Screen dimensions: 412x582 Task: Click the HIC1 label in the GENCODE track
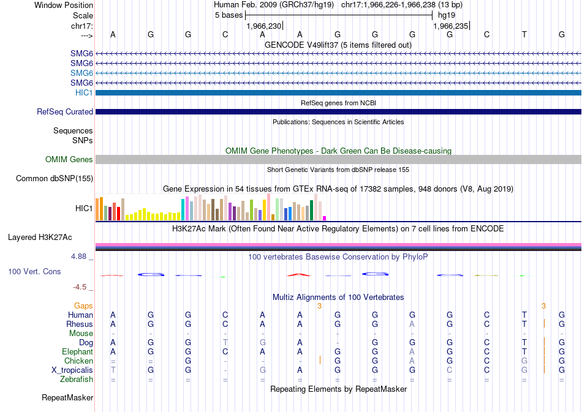(x=85, y=92)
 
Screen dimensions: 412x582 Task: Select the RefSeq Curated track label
(x=65, y=112)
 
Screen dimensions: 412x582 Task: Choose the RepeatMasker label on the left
(x=67, y=398)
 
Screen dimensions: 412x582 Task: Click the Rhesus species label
(x=80, y=324)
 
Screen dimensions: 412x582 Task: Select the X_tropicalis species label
(x=72, y=370)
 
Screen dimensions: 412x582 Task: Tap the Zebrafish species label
(x=77, y=380)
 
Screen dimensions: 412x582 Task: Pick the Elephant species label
(x=78, y=352)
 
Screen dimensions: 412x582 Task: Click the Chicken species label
(x=79, y=361)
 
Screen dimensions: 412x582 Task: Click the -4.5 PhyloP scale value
(x=83, y=287)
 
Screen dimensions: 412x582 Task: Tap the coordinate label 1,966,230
(x=263, y=26)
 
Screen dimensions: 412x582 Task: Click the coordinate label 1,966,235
(x=451, y=26)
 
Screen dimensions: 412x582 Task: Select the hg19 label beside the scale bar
(x=446, y=15)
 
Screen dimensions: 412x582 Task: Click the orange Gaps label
(x=83, y=305)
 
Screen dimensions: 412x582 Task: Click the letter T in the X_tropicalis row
(x=113, y=370)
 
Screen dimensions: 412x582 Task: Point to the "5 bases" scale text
(x=229, y=15)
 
